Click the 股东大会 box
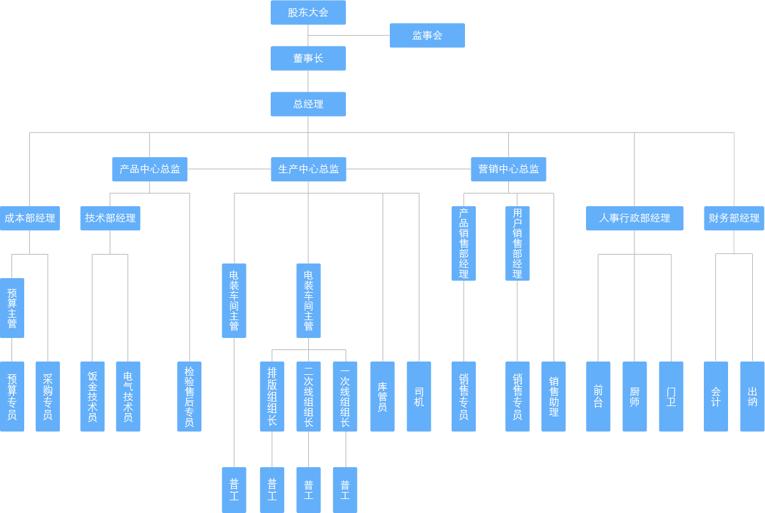[x=308, y=13]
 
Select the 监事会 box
[x=427, y=36]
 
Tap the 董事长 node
[x=308, y=59]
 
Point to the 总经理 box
[x=308, y=104]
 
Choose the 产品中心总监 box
[x=150, y=169]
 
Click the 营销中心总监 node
[x=508, y=169]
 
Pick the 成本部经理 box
[x=29, y=218]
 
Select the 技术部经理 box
[x=110, y=218]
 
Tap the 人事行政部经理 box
[x=634, y=218]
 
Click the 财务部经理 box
[x=734, y=218]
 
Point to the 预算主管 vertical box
[x=12, y=308]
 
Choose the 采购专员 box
[x=48, y=397]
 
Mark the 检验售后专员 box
[x=189, y=397]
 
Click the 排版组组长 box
[x=272, y=397]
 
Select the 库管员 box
[x=382, y=397]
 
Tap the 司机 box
[x=418, y=397]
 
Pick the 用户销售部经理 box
[x=517, y=243]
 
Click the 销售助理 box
[x=554, y=397]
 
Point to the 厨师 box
[x=634, y=397]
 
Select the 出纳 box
[x=752, y=397]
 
